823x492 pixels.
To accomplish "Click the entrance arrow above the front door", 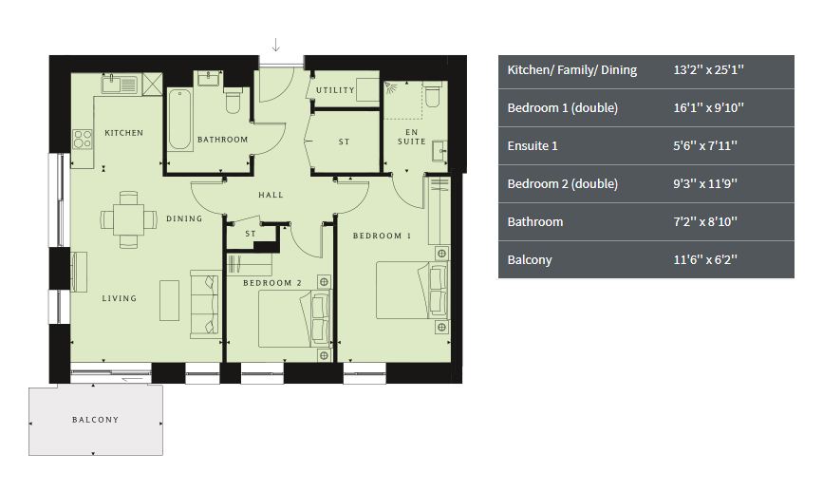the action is (x=275, y=46).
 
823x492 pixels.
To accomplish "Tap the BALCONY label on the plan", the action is (x=96, y=420).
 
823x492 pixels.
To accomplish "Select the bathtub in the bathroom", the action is (x=180, y=121).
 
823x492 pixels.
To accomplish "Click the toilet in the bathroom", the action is (x=234, y=101).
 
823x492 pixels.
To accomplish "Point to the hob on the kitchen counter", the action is (x=83, y=139).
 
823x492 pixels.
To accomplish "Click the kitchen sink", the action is (x=120, y=84).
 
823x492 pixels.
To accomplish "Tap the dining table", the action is (x=128, y=219).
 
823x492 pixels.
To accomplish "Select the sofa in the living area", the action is (x=206, y=305).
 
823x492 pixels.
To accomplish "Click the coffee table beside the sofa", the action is (x=170, y=300).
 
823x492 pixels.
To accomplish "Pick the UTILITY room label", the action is (x=335, y=90).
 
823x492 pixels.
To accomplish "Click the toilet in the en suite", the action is (x=433, y=95).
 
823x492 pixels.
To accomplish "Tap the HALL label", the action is (x=271, y=195).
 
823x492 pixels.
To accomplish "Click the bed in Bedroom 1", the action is (x=413, y=291).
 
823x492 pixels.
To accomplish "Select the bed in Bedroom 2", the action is (x=295, y=319).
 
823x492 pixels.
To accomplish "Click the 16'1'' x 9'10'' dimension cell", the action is (x=708, y=108).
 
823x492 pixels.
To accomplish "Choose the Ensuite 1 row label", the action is (x=533, y=146).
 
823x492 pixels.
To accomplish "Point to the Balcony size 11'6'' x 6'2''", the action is (x=705, y=260).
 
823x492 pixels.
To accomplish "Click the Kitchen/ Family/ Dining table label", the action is (x=572, y=70).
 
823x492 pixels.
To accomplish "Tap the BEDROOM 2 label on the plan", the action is (x=272, y=283).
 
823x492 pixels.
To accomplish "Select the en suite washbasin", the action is (x=440, y=151).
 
